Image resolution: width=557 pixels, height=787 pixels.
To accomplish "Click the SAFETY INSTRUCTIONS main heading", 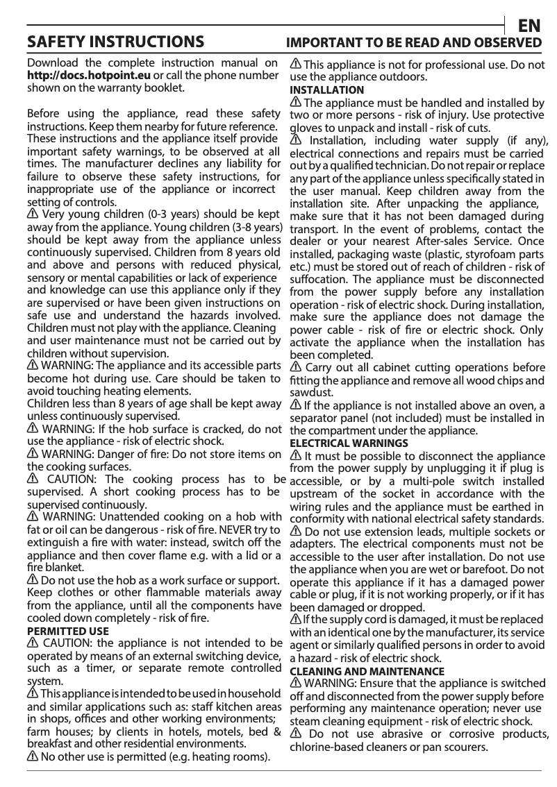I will point(115,43).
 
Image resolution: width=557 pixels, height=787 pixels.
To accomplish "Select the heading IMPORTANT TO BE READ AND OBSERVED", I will point(415,43).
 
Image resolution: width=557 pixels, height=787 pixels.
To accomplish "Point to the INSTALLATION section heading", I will point(326,90).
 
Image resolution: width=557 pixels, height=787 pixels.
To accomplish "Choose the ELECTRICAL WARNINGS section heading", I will point(349,443).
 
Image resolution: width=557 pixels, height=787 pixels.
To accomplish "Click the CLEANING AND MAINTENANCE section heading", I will point(366,672).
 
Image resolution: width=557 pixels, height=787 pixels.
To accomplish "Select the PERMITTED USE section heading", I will point(67,632).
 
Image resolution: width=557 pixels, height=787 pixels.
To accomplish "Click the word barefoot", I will point(487,570).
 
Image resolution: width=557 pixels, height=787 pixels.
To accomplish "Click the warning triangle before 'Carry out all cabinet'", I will point(295,366).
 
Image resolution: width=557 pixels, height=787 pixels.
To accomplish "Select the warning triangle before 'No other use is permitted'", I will point(32,756).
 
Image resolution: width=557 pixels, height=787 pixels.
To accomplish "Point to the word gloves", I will point(306,128).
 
